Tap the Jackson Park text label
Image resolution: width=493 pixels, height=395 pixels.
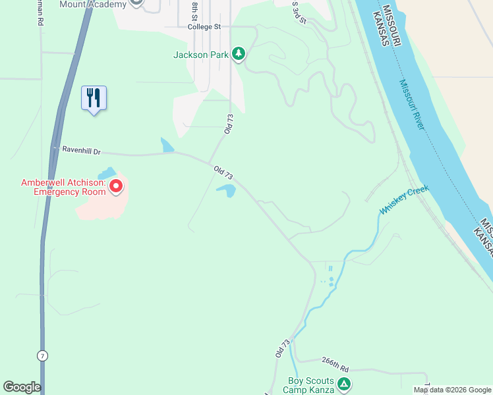point(200,55)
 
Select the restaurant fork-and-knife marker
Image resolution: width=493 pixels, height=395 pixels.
point(94,98)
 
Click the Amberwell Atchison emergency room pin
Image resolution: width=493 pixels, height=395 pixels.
point(116,187)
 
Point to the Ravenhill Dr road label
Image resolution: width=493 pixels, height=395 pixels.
point(81,150)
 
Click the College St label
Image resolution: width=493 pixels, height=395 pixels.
point(204,27)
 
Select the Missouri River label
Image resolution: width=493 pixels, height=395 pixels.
point(413,105)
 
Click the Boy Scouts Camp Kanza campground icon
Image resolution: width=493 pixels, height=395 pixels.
point(343,384)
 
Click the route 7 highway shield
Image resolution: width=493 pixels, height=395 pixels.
point(42,355)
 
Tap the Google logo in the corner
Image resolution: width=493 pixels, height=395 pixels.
point(22,387)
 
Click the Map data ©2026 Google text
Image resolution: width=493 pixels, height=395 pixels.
point(452,390)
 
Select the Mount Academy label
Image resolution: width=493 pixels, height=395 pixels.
point(92,5)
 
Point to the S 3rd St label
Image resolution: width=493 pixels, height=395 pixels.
point(299,12)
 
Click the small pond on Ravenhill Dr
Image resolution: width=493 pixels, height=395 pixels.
point(167,145)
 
